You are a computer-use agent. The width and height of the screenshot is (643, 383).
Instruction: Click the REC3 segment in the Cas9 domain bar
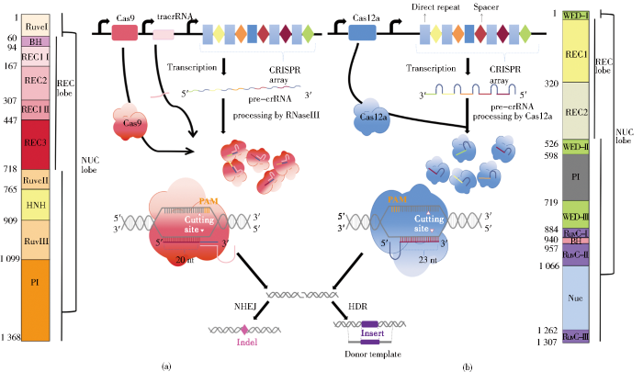(x=38, y=144)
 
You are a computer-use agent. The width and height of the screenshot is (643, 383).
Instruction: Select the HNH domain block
(x=38, y=204)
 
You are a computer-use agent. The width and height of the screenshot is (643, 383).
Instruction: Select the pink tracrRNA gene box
(x=164, y=34)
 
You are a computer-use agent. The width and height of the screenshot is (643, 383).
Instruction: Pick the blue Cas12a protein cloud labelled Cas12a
(x=368, y=119)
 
